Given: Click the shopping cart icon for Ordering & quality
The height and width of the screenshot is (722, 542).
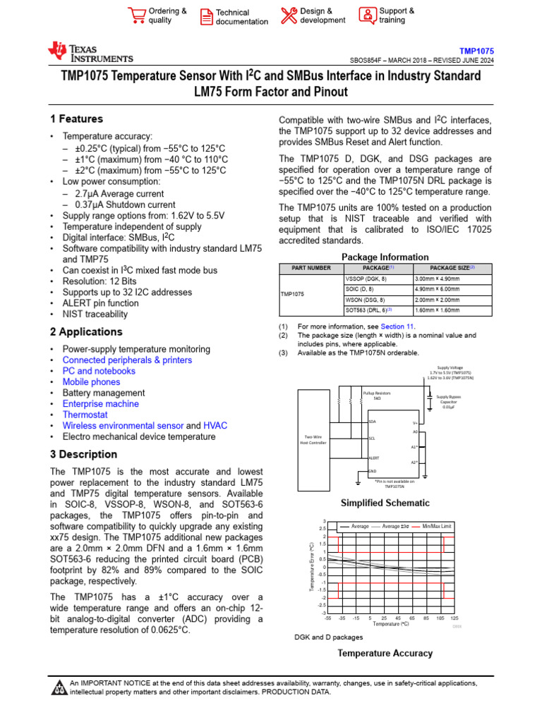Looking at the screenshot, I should click(136, 16).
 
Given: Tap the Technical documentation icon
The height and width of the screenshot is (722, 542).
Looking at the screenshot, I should click(205, 17).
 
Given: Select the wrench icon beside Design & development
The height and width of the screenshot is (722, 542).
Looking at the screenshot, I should click(289, 16).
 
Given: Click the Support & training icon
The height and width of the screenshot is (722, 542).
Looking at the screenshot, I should click(367, 16).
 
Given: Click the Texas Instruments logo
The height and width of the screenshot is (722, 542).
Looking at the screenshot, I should click(90, 52).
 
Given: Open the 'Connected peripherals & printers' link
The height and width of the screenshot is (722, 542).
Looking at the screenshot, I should click(127, 360).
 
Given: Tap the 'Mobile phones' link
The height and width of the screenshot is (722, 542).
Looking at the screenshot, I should click(91, 382).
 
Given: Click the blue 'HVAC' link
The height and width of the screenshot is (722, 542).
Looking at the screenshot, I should click(215, 426).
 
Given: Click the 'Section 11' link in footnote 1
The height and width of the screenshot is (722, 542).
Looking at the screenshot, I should click(397, 326).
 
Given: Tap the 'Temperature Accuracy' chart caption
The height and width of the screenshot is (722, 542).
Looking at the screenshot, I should click(385, 653).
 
